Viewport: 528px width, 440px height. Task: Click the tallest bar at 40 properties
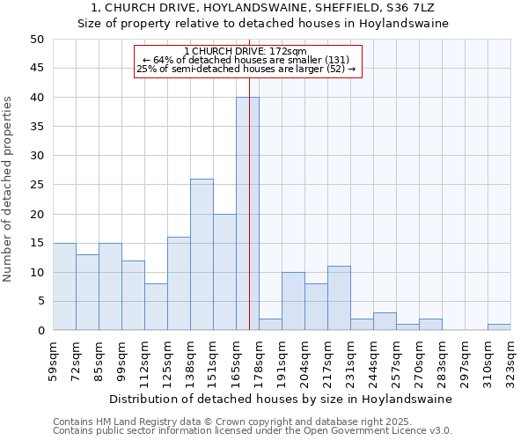[247, 214]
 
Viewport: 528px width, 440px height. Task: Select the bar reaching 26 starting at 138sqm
[202, 254]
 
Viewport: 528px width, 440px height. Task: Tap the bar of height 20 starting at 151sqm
[224, 272]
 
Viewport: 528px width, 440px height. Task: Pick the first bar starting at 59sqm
[64, 287]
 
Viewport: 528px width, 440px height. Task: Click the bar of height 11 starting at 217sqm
[339, 298]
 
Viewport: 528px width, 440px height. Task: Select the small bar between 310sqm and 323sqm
[499, 327]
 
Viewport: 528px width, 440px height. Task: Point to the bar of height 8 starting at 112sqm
[156, 307]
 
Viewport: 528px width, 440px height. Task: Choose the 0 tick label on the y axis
[40, 331]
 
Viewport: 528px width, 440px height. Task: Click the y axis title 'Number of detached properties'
[9, 189]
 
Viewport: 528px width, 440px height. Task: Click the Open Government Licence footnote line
[253, 430]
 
